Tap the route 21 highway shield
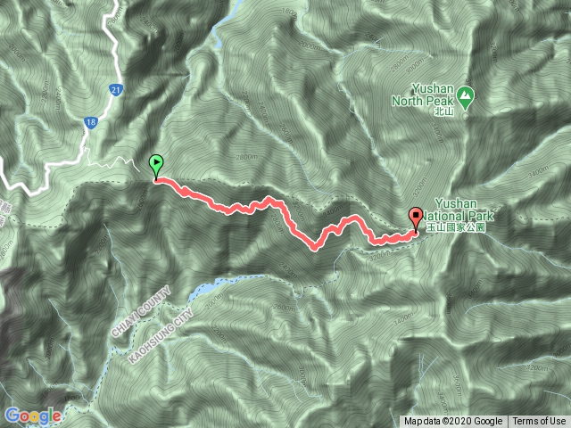[x=116, y=90]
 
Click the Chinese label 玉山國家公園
[x=455, y=227]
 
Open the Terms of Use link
[x=538, y=422]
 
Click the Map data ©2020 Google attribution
[x=453, y=422]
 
